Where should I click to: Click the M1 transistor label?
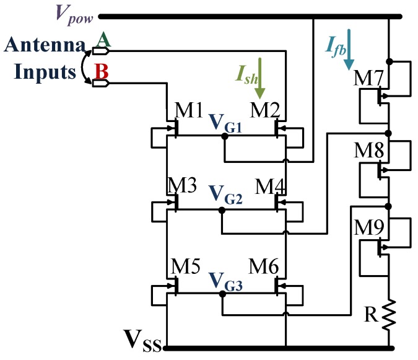point(189,112)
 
